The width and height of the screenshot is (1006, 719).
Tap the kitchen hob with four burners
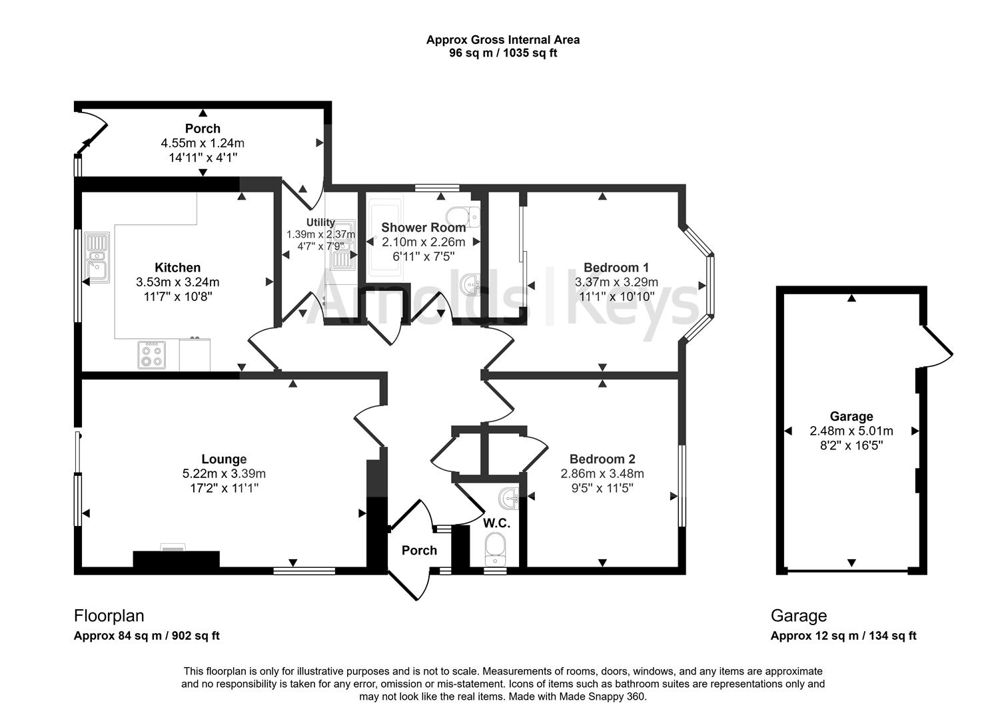(151, 354)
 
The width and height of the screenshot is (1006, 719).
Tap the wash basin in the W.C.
(510, 497)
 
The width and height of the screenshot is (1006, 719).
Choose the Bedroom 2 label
(602, 459)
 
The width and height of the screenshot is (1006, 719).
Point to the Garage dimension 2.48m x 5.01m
(851, 431)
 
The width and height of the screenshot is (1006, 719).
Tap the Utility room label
(320, 222)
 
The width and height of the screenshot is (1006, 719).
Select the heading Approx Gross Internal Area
(502, 40)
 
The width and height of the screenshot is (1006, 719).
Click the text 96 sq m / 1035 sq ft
(502, 53)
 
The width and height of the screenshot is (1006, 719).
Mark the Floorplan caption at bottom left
(109, 616)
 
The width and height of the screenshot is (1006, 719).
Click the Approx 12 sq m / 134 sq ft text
(843, 636)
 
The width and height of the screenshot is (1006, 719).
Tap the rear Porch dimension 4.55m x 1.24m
(203, 143)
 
